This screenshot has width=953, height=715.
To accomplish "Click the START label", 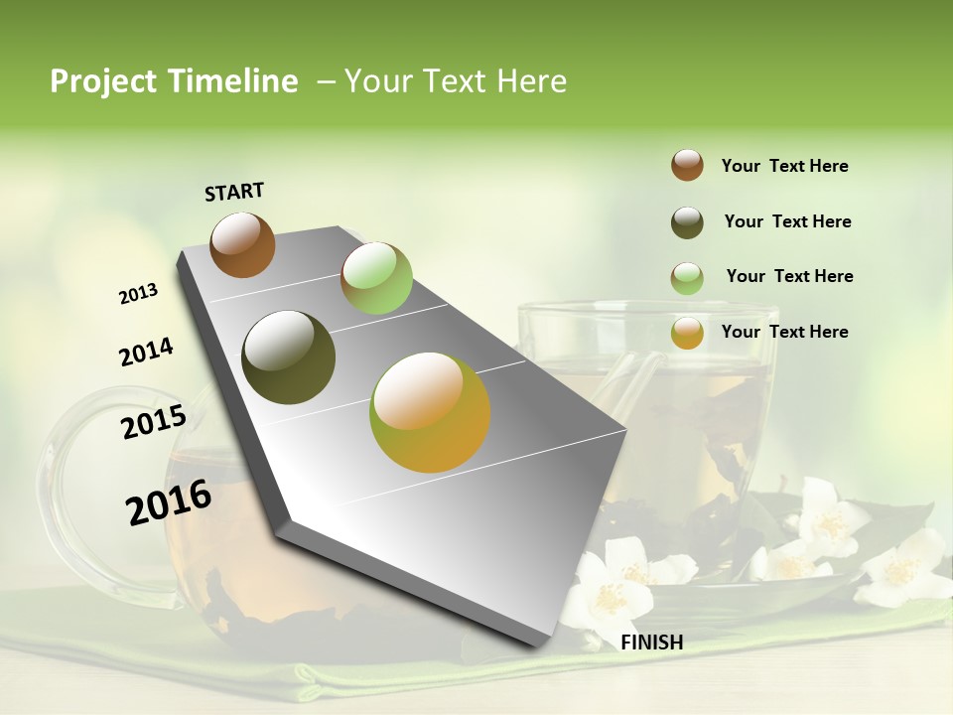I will coord(234,192).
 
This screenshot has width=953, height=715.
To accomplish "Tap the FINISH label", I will coord(651,643).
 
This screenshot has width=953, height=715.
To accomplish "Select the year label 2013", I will coord(138,294).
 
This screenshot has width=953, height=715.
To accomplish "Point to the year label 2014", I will coord(146,353).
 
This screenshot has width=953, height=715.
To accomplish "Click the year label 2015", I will coord(154,422).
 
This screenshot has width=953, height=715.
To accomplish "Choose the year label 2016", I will coord(169,502).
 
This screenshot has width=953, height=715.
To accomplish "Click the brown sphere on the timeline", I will coord(242,244).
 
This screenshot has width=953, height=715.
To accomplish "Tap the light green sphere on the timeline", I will coord(376,278).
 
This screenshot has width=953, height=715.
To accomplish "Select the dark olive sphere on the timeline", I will coord(289,357).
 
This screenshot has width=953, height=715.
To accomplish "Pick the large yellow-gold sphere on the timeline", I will coord(430,411).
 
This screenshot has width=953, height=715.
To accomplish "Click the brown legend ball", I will coord(687,165).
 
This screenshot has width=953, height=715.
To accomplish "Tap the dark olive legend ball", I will coord(687,222).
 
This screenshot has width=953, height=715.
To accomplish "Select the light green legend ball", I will coord(687,278).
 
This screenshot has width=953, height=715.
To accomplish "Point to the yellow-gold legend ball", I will coord(687,333).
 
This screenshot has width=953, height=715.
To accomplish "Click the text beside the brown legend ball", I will coord(784,166).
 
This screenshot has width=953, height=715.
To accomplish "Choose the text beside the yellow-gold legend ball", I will coord(784,332).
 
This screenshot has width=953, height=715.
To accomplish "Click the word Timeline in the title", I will coord(234,81).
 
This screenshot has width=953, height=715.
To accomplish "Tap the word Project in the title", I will coord(100,81).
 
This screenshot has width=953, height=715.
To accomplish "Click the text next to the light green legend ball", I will coord(789,276).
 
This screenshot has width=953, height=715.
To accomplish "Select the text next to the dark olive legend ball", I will coord(787,221).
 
